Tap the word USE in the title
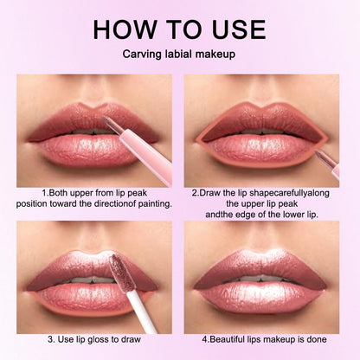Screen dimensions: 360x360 pyautogui.click(x=233, y=29)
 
